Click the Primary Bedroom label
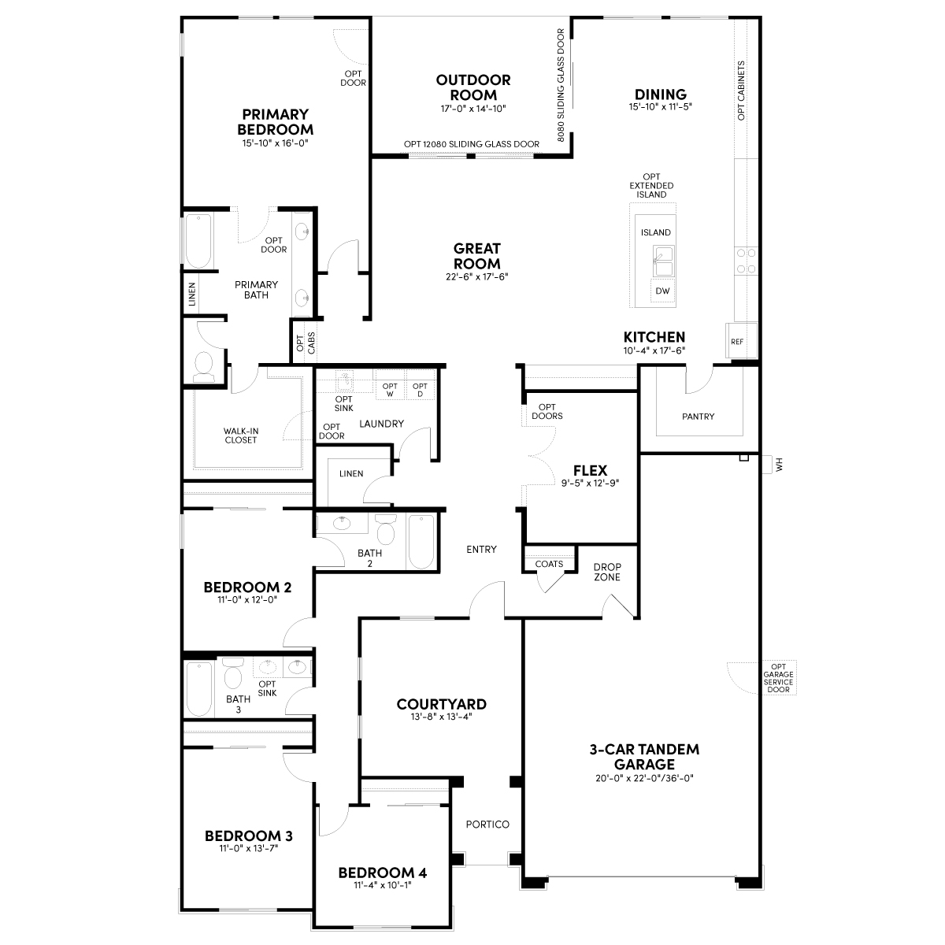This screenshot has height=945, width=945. pyautogui.click(x=275, y=122)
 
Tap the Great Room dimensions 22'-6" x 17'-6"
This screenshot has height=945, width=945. pyautogui.click(x=476, y=276)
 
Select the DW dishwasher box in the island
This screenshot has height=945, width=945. pyautogui.click(x=662, y=291)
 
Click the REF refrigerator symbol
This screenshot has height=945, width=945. pyautogui.click(x=741, y=340)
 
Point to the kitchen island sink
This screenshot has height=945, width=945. pyautogui.click(x=663, y=261)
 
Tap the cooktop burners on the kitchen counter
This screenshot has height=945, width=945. pyautogui.click(x=746, y=261)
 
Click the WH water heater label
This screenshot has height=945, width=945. pyautogui.click(x=780, y=465)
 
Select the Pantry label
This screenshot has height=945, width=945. pyautogui.click(x=698, y=417)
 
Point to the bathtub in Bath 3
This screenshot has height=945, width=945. pyautogui.click(x=199, y=688)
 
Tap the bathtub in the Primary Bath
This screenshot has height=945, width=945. pyautogui.click(x=198, y=241)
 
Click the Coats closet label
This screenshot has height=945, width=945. pyautogui.click(x=549, y=564)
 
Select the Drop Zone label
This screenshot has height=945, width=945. pyautogui.click(x=607, y=572)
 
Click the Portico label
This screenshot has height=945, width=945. pyautogui.click(x=487, y=825)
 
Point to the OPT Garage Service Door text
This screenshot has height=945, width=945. pyautogui.click(x=778, y=678)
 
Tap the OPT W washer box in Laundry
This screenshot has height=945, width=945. pyautogui.click(x=390, y=389)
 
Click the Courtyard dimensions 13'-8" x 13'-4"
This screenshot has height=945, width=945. pyautogui.click(x=441, y=717)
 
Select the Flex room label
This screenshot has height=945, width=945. pyautogui.click(x=590, y=471)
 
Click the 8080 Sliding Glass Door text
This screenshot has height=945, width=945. pyautogui.click(x=561, y=85)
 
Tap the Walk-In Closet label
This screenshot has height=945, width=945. pyautogui.click(x=240, y=435)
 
